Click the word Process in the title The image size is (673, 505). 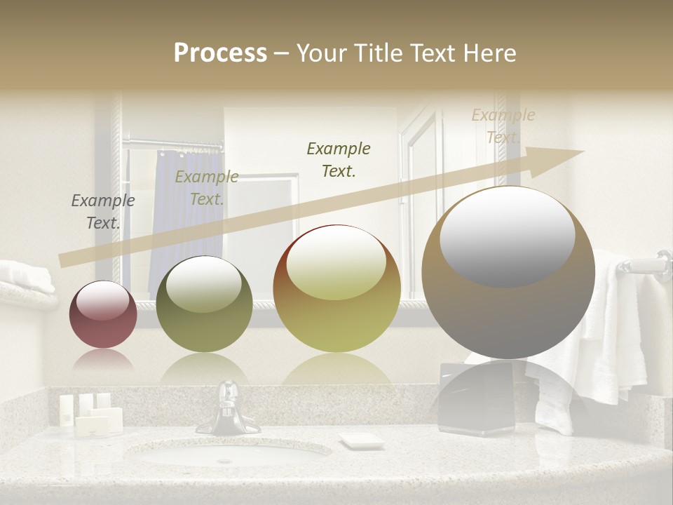220,53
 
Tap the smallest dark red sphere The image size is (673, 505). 103,314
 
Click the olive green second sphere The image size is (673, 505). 204,304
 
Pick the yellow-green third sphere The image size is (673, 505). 337,288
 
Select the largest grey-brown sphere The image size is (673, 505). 508,272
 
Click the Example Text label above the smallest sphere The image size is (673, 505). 103,212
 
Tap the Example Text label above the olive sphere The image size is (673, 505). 207,188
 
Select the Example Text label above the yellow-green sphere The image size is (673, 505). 339,159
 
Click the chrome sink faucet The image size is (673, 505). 227,410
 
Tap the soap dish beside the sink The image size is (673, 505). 361,440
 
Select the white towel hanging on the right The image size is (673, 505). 617,337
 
